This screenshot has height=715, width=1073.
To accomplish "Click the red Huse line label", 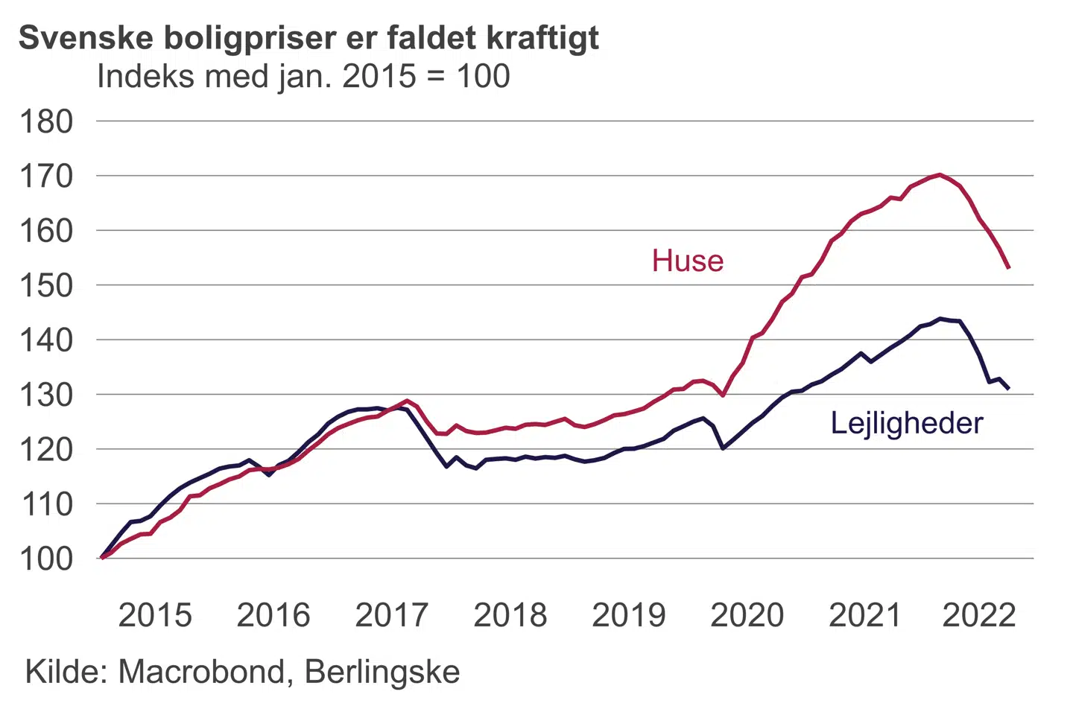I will (x=687, y=261).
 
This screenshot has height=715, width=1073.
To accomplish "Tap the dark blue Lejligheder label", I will (x=906, y=424).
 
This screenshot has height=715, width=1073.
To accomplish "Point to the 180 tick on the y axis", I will (x=46, y=121).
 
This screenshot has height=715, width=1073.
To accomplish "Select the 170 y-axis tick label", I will (x=46, y=177).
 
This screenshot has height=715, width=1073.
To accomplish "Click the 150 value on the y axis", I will (x=46, y=285).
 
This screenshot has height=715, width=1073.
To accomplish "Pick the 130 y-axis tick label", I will (x=46, y=395).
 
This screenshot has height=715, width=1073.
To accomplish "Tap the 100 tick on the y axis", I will (x=46, y=559).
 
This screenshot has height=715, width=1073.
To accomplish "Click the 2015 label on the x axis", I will (x=155, y=616).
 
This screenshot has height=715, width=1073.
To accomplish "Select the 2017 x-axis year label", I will (x=392, y=616).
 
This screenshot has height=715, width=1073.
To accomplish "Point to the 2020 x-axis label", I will (x=747, y=616).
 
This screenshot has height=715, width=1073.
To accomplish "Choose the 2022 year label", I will (x=978, y=616).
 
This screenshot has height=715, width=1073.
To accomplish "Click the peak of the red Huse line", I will (x=940, y=175).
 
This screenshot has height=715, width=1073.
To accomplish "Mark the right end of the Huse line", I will (x=1008, y=267).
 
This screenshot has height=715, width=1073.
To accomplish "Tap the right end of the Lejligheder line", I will (x=1008, y=388).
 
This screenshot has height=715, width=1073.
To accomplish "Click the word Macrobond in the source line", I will (x=202, y=672).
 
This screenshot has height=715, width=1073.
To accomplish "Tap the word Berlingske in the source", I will (x=382, y=672).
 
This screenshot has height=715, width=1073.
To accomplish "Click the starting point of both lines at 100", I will (x=102, y=557).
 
